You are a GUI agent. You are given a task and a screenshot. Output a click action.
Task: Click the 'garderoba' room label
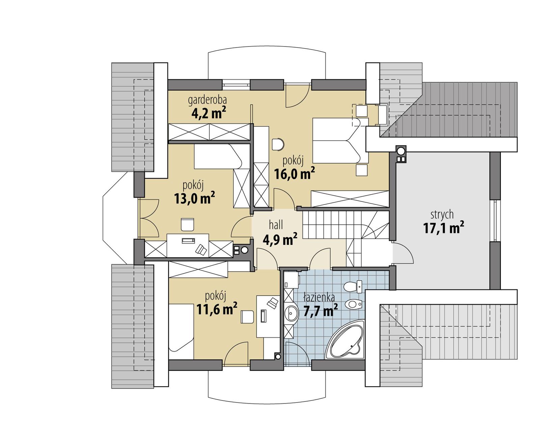click(x=207, y=100)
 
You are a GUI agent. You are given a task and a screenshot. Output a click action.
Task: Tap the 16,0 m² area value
click(x=294, y=174)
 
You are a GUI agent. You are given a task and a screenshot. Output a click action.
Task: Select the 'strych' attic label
click(x=442, y=215)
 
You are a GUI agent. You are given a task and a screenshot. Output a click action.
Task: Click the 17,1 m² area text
click(x=443, y=228)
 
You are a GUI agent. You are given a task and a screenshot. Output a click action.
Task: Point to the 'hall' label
click(x=276, y=225)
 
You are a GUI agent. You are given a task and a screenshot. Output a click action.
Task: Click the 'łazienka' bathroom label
click(x=319, y=298)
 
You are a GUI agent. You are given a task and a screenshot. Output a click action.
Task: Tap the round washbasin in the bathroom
click(x=291, y=313)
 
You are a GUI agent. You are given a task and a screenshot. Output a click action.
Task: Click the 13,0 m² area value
click(x=194, y=199)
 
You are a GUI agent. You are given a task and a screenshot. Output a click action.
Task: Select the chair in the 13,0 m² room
click(x=187, y=224)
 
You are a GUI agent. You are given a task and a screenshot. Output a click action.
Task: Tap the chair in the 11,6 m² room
click(x=247, y=317)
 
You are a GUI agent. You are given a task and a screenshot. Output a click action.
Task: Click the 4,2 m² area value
click(x=208, y=113)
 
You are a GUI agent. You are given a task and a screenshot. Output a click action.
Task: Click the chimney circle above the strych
click(x=401, y=150)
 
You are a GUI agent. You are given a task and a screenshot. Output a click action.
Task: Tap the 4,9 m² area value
click(x=280, y=239)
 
